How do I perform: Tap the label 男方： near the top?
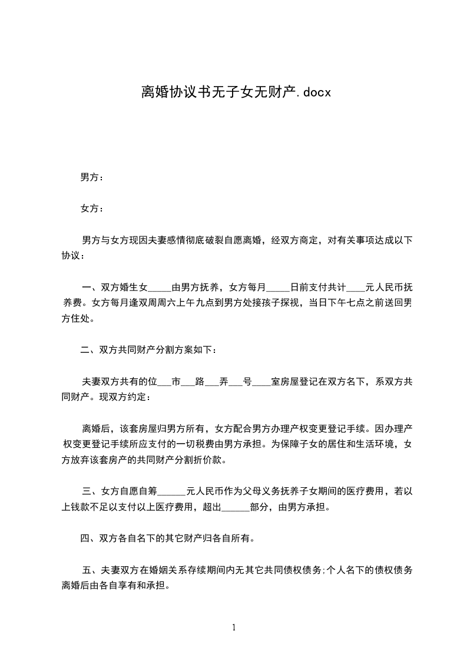click(x=92, y=177)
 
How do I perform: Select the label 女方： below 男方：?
click(x=92, y=209)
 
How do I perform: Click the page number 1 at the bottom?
click(x=234, y=627)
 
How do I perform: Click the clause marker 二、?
click(x=90, y=350)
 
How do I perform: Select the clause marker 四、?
click(x=90, y=538)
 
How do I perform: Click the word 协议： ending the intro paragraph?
click(x=74, y=256)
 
